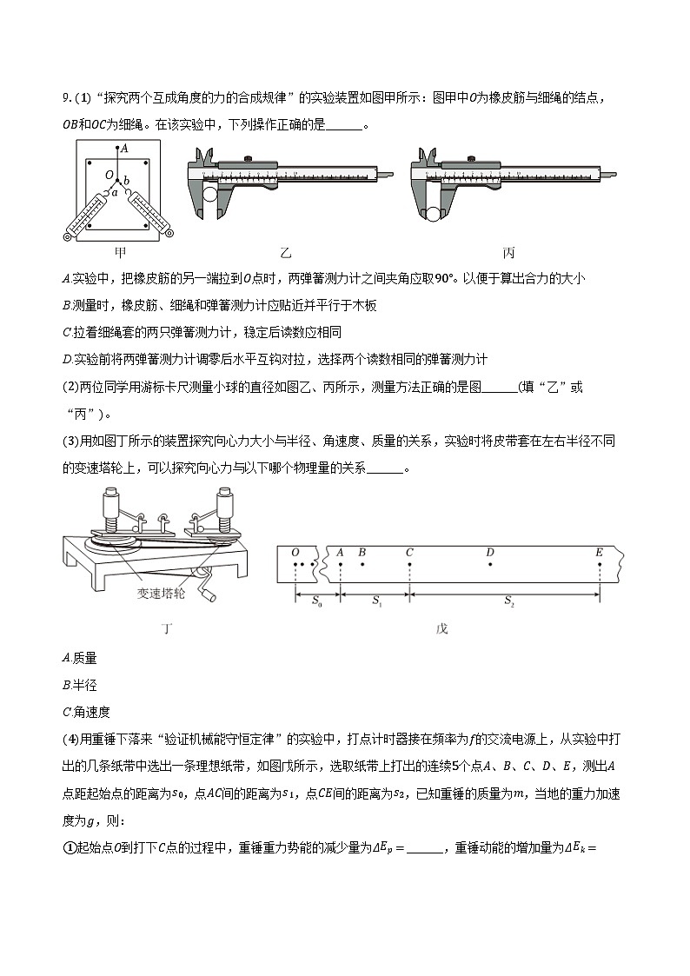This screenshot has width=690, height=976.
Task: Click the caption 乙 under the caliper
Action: pyautogui.click(x=285, y=253)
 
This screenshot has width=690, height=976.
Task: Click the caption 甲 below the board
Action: pyautogui.click(x=122, y=253)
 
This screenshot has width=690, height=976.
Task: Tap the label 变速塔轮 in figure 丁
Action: pyautogui.click(x=161, y=593)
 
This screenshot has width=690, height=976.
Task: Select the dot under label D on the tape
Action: pyautogui.click(x=490, y=564)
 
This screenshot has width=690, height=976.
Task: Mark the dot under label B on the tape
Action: pyautogui.click(x=362, y=564)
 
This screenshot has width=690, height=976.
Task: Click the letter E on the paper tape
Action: pyautogui.click(x=599, y=552)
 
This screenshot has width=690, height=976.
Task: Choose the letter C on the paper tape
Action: pyautogui.click(x=409, y=552)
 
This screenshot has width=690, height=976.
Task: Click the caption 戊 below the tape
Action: pyautogui.click(x=441, y=628)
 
